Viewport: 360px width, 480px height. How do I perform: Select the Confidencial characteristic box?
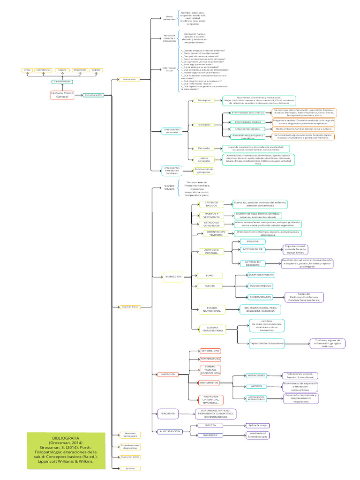click(x=44, y=70)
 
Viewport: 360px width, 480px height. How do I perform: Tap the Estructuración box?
click(x=93, y=95)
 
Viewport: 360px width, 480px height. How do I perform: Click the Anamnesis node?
click(x=129, y=79)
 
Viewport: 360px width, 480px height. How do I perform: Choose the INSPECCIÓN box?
click(x=173, y=277)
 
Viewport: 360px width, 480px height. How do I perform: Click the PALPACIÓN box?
click(x=168, y=374)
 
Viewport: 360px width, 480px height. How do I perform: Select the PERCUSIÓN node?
click(x=168, y=414)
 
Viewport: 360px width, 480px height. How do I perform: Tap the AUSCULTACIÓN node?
click(x=170, y=431)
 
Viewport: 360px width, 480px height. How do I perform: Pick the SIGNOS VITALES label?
click(x=169, y=187)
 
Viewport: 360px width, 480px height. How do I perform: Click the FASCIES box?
click(x=210, y=285)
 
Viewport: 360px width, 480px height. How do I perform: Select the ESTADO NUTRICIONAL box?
click(x=212, y=310)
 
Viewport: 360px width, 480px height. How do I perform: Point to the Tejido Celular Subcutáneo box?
click(x=266, y=343)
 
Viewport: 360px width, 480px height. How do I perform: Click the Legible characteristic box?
click(x=96, y=70)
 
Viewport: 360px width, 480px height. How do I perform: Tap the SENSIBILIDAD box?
click(x=210, y=351)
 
